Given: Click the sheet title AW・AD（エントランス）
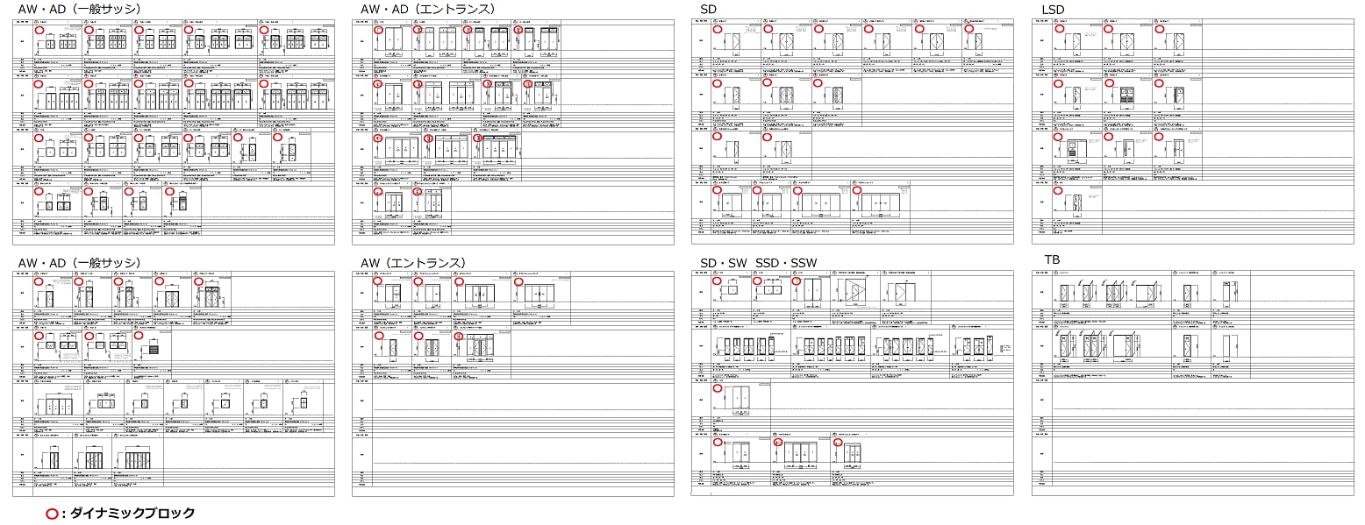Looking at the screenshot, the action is tap(427, 9).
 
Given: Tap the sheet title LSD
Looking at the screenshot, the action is tap(1053, 9).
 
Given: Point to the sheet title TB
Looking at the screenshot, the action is tap(1052, 259).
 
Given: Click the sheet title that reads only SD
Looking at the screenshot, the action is tap(708, 9).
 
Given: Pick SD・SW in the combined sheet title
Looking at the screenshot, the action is tap(723, 263).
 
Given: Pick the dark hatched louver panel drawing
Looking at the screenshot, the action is tap(152, 348).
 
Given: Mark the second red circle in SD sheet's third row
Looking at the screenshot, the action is tap(767, 137).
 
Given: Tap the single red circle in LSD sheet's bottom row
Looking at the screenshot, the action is tap(1057, 190).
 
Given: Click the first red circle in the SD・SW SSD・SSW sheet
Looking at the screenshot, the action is tap(718, 281).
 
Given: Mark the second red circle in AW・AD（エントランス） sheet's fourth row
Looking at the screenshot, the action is tap(418, 191).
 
